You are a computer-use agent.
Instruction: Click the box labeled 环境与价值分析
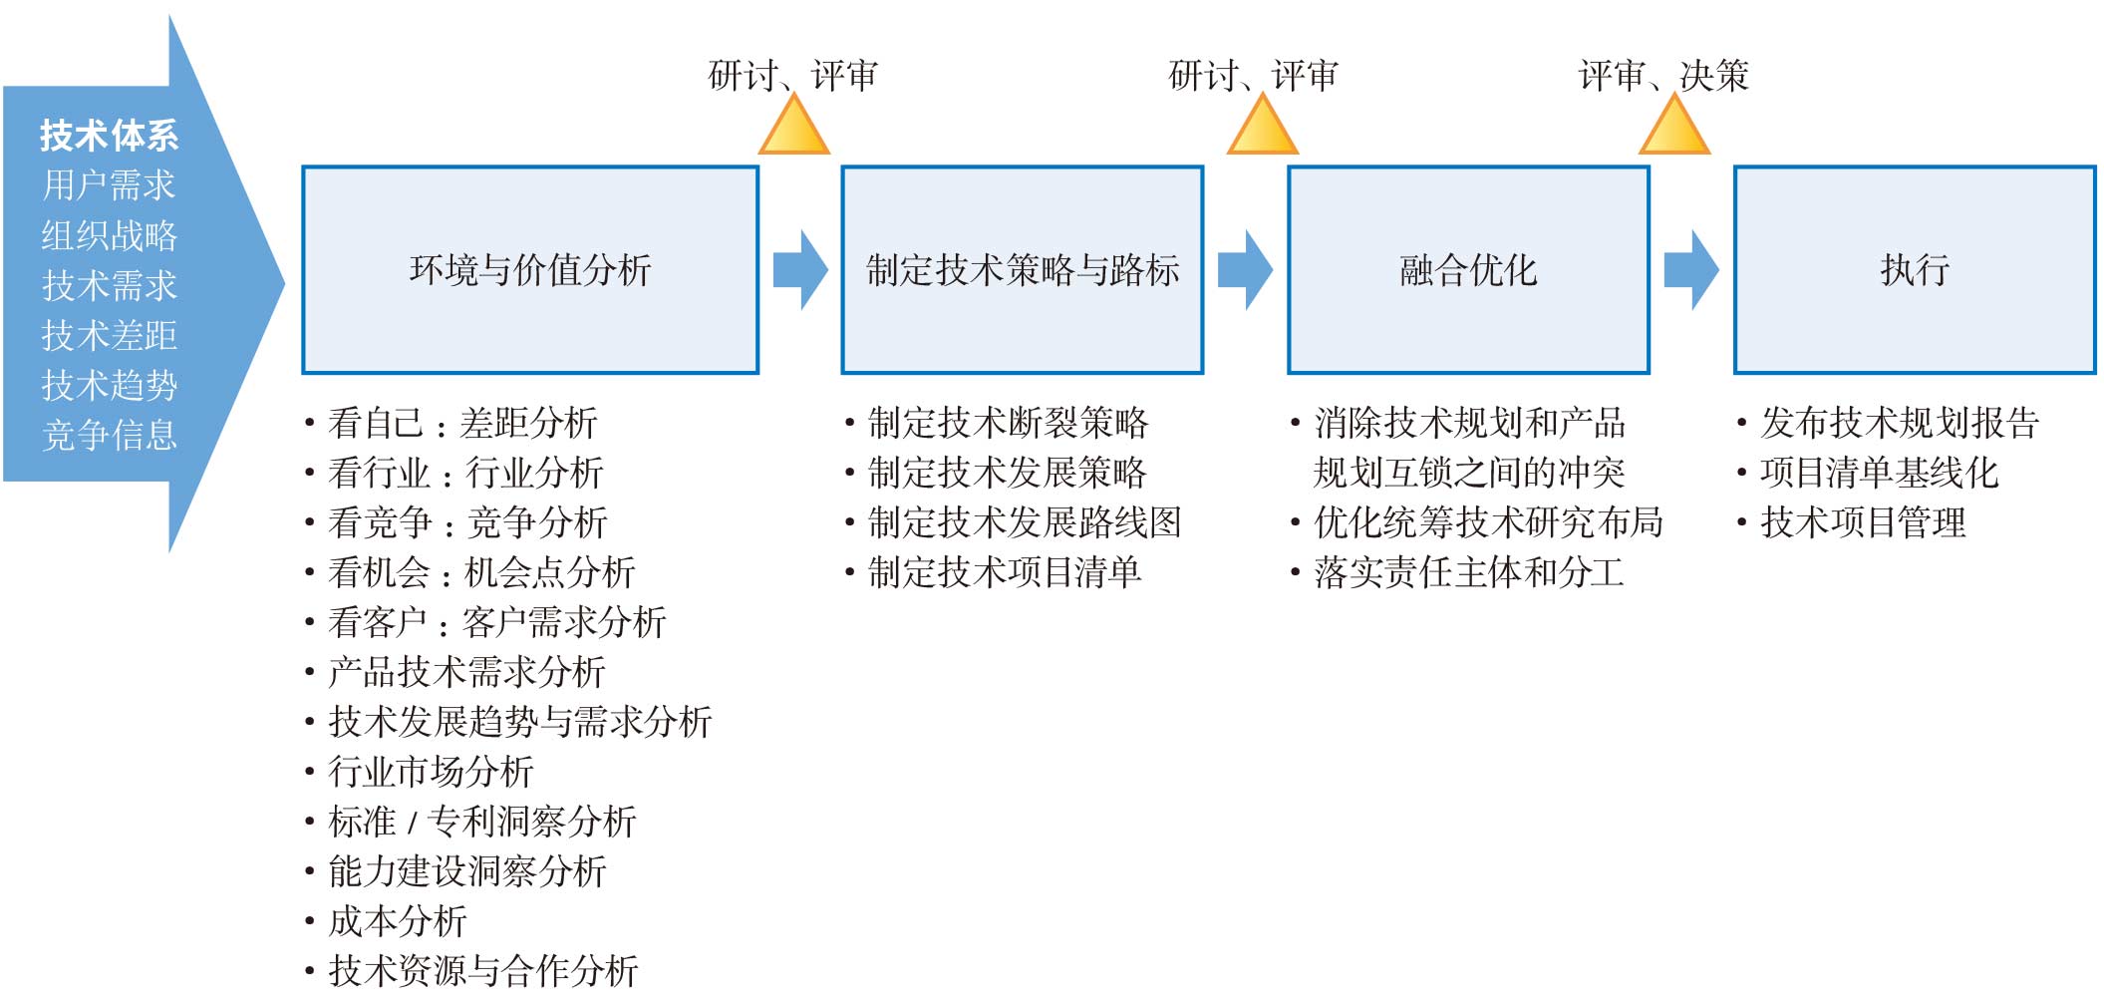point(530,270)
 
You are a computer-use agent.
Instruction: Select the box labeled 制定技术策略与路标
point(1022,270)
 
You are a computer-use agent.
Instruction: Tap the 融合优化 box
point(1468,270)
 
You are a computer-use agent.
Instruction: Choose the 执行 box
point(1915,270)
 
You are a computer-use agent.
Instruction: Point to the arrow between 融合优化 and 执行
point(1692,270)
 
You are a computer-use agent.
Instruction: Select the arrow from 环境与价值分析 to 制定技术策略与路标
point(801,270)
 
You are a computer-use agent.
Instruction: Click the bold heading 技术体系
point(109,136)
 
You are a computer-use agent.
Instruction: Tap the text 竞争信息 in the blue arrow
point(109,436)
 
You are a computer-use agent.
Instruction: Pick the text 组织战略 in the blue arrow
point(109,236)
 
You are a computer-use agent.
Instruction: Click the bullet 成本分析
point(397,921)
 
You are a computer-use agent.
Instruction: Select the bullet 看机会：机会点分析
point(481,572)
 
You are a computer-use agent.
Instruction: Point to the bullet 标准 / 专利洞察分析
point(481,822)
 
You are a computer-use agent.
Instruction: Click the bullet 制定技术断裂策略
point(1008,423)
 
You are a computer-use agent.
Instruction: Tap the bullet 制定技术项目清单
point(1005,572)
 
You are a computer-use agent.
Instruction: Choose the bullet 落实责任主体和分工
point(1469,572)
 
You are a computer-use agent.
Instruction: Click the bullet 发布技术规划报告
point(1900,423)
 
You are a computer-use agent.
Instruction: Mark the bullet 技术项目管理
point(1863,522)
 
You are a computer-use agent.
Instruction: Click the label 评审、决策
point(1664,76)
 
